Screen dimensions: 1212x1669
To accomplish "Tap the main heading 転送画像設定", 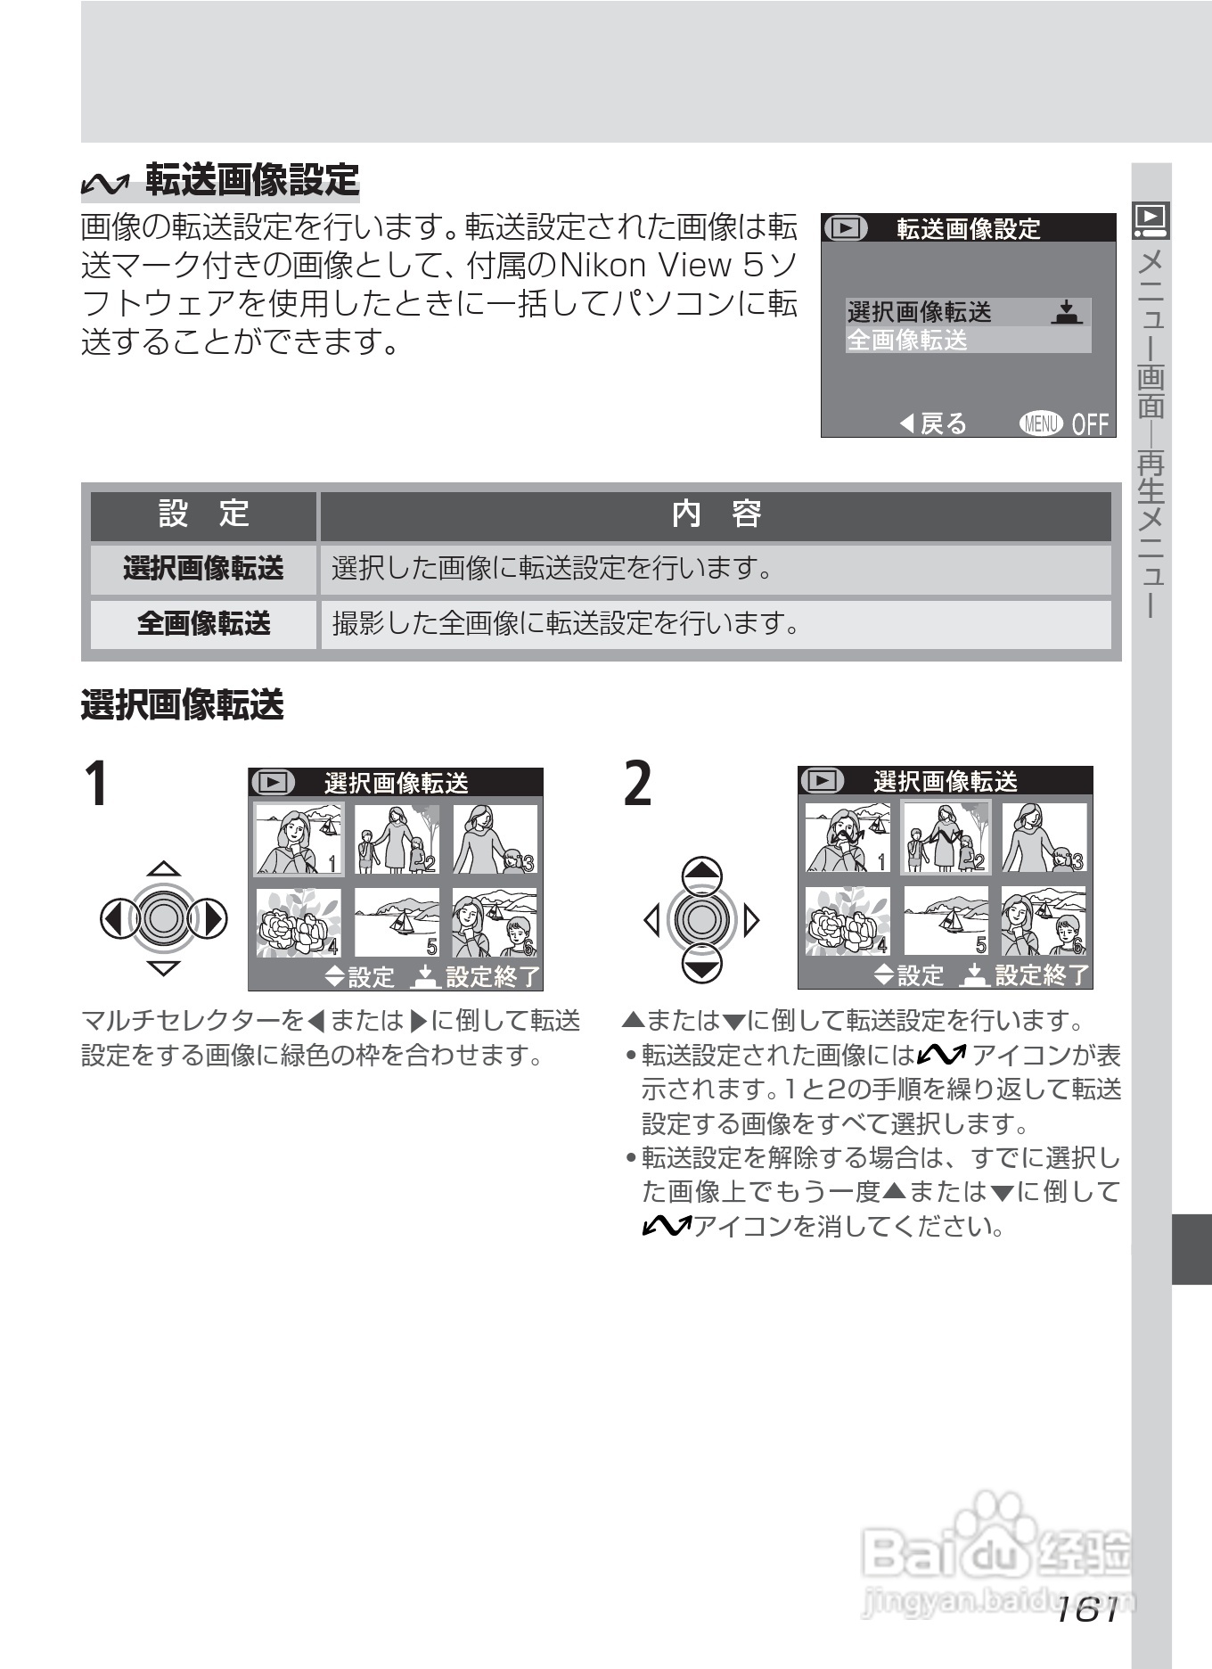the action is click(252, 179).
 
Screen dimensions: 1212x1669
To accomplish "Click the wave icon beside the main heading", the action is click(103, 182).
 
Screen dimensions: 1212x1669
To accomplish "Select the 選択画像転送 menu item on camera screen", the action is click(919, 312).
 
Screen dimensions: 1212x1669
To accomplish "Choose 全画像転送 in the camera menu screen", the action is click(907, 340).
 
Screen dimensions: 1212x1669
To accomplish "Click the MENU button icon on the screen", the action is click(1041, 423).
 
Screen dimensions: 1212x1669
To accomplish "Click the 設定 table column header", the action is click(204, 514).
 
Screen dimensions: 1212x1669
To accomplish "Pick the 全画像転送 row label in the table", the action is click(204, 623).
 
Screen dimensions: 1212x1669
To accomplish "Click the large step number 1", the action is click(96, 784).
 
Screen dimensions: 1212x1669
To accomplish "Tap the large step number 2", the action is click(638, 784).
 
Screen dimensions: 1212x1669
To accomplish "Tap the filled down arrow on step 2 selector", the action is click(702, 963).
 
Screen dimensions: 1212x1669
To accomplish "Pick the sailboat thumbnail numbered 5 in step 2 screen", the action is click(946, 921).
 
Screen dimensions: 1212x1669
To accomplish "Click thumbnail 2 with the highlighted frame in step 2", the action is click(946, 836).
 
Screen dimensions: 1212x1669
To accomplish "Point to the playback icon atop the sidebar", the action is click(1151, 219).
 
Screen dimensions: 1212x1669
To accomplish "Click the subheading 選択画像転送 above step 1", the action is click(183, 705).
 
